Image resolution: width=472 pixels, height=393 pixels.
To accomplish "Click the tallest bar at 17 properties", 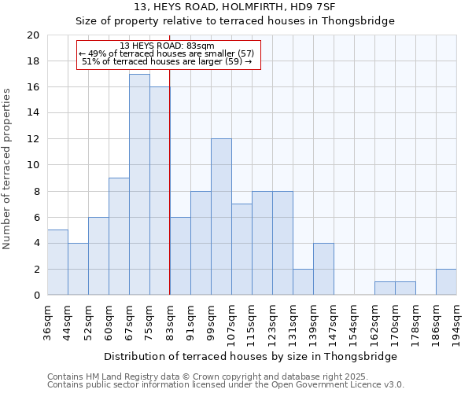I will click(x=139, y=185).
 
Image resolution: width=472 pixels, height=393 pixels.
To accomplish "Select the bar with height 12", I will click(x=221, y=217).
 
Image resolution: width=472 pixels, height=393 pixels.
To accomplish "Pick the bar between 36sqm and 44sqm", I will click(x=57, y=263).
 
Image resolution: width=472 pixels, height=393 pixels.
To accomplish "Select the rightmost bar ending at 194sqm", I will click(x=446, y=282).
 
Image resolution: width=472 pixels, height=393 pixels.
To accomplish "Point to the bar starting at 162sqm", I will click(x=385, y=288).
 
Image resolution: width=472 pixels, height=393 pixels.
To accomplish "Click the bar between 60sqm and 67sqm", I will click(x=119, y=237).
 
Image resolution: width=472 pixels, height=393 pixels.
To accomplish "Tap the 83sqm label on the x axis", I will click(x=171, y=321).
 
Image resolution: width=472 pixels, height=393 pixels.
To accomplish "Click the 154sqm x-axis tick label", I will click(x=355, y=323).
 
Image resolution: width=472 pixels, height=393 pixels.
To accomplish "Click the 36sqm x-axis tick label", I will click(x=48, y=321).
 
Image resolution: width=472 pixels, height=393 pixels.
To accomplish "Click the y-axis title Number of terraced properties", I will click(x=8, y=169).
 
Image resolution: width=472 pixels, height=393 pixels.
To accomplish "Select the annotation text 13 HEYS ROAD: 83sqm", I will click(x=167, y=46).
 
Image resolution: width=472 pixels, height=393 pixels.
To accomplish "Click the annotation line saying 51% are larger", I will click(x=167, y=61).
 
